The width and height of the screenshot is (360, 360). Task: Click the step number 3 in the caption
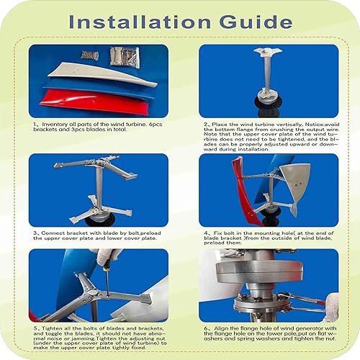coord(36,233)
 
